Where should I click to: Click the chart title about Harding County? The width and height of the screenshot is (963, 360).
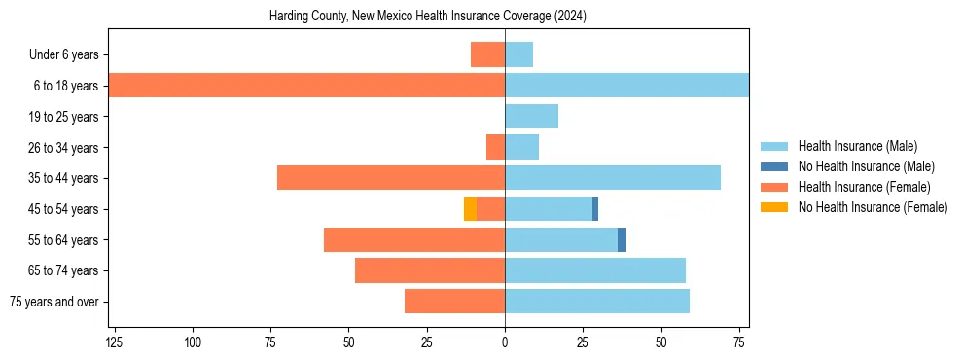[x=428, y=17]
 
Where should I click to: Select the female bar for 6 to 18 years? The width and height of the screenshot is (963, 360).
[x=306, y=86]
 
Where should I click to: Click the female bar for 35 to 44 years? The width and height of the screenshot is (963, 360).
[x=391, y=178]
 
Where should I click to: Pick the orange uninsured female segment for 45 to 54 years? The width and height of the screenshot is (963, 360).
[x=471, y=209]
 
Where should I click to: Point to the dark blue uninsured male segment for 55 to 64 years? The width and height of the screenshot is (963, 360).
[x=622, y=240]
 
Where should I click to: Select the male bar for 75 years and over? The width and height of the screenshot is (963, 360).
[x=597, y=302]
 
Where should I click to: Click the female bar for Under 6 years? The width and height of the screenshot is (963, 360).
[x=487, y=55]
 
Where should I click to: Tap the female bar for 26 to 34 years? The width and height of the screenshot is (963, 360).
[x=495, y=147]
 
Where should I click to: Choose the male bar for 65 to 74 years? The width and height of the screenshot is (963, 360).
[x=595, y=270]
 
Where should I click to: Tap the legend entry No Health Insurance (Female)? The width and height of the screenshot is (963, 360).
[x=873, y=207]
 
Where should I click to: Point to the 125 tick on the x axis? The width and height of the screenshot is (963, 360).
[x=115, y=343]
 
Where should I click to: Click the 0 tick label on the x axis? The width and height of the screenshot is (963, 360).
[x=505, y=343]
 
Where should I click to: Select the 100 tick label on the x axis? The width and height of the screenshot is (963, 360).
[x=193, y=343]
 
